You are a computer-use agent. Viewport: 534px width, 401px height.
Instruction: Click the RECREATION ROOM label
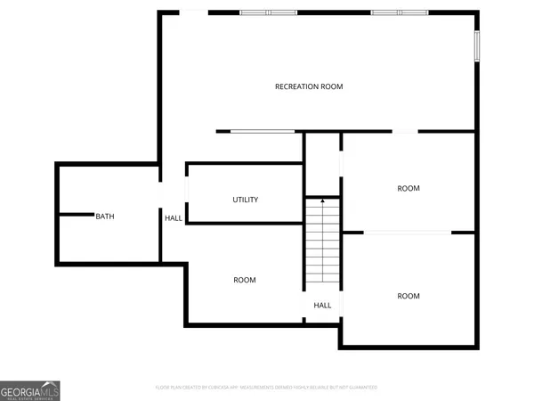(309, 86)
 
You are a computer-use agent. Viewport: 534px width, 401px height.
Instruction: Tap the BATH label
(105, 217)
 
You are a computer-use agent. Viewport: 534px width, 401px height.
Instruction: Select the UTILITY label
(246, 200)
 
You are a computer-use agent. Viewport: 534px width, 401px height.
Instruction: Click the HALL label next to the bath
(174, 217)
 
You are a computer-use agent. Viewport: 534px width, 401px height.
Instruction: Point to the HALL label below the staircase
(322, 305)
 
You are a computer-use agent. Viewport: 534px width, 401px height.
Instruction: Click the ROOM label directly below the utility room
(245, 280)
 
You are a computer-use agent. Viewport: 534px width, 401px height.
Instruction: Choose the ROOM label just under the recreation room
(409, 188)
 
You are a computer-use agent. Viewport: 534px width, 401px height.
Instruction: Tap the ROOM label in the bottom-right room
(409, 296)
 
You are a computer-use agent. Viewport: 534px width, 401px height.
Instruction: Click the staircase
(322, 242)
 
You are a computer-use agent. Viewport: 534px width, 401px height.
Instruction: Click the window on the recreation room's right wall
(477, 45)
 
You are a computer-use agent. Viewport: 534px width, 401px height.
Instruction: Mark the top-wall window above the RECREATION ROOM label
(269, 12)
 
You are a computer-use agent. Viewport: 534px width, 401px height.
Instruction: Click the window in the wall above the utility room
(263, 132)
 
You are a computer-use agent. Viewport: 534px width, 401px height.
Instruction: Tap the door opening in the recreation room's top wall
(193, 12)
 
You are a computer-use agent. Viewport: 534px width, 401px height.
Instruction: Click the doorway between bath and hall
(160, 194)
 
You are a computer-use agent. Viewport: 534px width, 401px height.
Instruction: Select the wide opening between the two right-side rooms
(408, 233)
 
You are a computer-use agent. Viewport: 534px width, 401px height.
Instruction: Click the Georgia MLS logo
(30, 390)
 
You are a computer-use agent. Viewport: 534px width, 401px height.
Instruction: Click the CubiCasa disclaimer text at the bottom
(266, 388)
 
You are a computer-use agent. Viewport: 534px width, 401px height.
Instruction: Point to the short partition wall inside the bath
(76, 214)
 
